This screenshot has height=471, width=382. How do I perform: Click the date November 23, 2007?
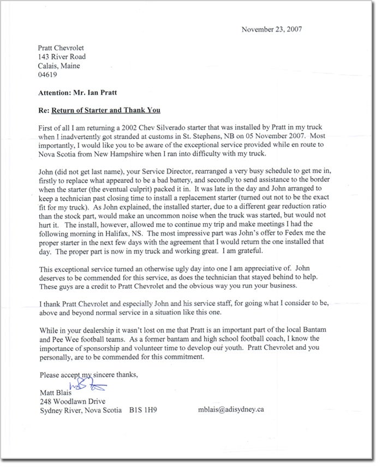[272, 29]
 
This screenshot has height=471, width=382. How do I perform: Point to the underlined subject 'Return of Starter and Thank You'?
[106, 110]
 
